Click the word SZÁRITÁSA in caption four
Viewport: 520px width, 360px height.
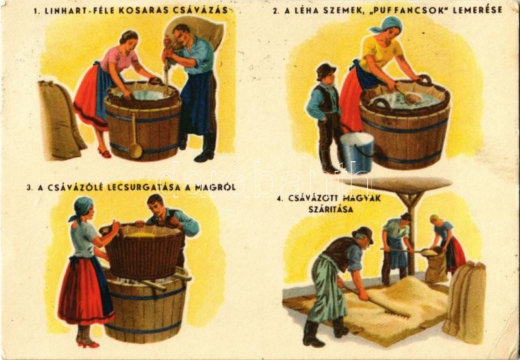pos(331,209)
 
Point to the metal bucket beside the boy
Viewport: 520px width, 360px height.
pos(357,152)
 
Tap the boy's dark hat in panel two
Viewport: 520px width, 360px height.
pos(326,71)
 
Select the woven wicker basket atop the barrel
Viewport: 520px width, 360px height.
pos(144,252)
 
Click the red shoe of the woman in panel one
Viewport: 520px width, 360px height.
pos(105,153)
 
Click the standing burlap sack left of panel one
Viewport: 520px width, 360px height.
pos(60,120)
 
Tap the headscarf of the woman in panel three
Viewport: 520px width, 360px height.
pos(81,207)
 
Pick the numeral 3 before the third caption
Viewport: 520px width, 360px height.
pos(29,188)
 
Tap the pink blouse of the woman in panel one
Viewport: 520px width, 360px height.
pos(118,59)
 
